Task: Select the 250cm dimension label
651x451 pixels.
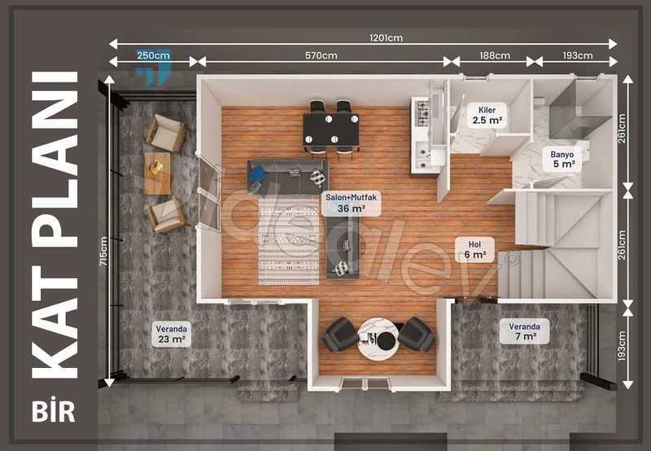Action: tap(153, 55)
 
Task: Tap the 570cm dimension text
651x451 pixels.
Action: tap(321, 55)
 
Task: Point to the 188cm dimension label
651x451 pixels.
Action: tap(494, 55)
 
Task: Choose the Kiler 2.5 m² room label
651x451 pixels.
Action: tap(487, 115)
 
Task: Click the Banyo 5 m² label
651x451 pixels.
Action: tap(562, 159)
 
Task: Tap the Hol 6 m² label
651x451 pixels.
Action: tap(474, 249)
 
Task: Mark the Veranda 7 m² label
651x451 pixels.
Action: tap(524, 331)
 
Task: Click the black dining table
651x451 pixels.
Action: tap(331, 129)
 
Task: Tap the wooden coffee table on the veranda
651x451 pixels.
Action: tap(157, 173)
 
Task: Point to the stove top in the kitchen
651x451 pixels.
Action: tap(422, 112)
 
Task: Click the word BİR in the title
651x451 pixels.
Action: tap(55, 410)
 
